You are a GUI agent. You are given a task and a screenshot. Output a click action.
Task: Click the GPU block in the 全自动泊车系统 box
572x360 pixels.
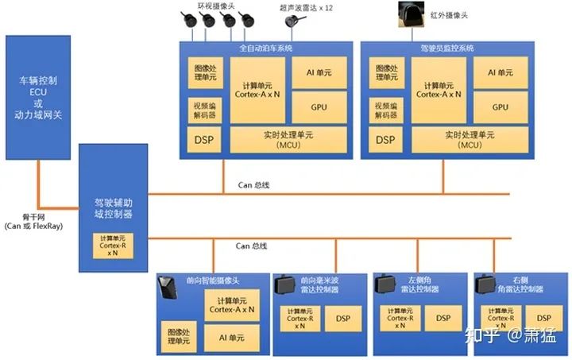[x=319, y=107]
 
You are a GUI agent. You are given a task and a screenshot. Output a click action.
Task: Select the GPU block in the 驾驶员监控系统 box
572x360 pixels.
[x=500, y=107]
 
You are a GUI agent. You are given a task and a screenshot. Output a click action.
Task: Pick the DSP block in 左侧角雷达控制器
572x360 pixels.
[x=443, y=318]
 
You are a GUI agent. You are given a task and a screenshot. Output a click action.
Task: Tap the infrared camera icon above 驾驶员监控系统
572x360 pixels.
[x=408, y=14]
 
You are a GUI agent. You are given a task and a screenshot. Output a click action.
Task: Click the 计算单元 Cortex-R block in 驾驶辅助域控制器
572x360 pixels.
[x=107, y=246]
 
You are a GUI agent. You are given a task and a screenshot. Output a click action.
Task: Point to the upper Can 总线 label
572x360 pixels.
[x=254, y=185]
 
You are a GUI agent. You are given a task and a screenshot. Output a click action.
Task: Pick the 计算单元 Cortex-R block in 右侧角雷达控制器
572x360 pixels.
[x=499, y=318]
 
